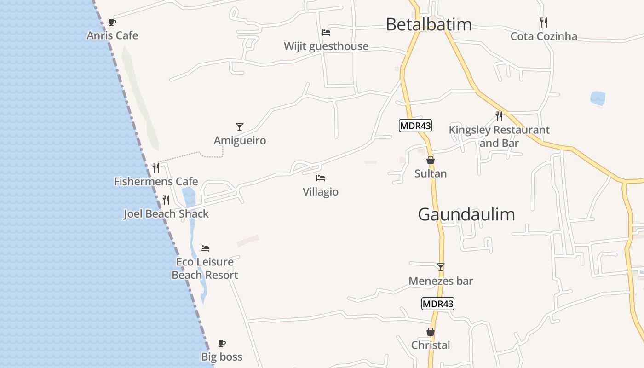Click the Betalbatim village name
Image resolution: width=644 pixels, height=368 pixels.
click(428, 24)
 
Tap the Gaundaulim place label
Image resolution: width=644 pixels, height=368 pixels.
click(466, 214)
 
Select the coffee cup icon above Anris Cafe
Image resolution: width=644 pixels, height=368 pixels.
click(112, 22)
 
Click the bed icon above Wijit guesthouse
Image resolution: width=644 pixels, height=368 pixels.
click(326, 33)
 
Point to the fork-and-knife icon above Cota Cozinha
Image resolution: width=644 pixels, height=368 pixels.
click(543, 22)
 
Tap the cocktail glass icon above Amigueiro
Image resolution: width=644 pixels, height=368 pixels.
click(239, 126)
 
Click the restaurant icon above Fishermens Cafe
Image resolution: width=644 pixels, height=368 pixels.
click(156, 168)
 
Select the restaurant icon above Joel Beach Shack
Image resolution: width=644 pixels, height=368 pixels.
click(166, 200)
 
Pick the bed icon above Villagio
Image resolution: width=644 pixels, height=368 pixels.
click(321, 178)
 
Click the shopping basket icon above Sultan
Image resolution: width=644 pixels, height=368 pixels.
click(431, 160)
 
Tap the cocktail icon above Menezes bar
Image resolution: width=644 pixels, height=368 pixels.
click(441, 267)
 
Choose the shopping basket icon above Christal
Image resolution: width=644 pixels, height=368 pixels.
click(431, 332)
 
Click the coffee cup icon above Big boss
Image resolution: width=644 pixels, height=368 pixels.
click(222, 343)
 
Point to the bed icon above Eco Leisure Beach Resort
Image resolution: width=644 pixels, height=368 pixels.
click(205, 248)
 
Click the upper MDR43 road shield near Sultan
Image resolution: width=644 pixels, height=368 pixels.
click(415, 126)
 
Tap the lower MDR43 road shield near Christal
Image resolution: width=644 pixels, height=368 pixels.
click(437, 304)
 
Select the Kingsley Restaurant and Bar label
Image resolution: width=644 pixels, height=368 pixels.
click(499, 137)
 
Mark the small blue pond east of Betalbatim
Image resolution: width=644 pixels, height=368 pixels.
click(598, 98)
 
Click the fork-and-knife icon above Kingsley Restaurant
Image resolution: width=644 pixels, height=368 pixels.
click(499, 116)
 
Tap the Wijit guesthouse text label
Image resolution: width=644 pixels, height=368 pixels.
click(326, 46)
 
